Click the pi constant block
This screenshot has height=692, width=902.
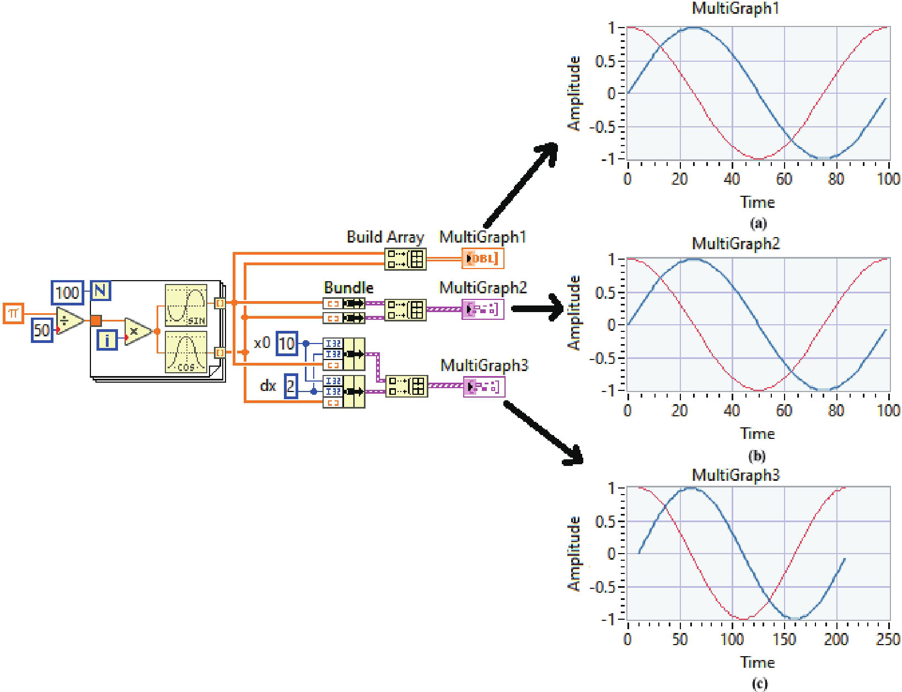(13, 314)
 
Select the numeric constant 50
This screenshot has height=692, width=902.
(42, 330)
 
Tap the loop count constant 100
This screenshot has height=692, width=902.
(67, 292)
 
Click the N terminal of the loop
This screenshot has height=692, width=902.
(100, 290)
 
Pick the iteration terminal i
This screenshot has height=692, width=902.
(107, 340)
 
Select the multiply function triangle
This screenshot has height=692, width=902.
(137, 331)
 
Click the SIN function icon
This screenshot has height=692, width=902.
(186, 305)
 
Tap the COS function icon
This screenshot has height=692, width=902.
(186, 352)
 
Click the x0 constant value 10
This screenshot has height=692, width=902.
(287, 344)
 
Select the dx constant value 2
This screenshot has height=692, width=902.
(291, 386)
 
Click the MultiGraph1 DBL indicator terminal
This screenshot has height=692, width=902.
(482, 259)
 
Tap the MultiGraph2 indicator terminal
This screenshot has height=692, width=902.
(483, 309)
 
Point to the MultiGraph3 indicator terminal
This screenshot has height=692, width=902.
(484, 387)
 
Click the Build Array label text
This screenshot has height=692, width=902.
(385, 237)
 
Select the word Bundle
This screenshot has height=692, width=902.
(348, 288)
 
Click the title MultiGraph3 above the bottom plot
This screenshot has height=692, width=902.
(735, 475)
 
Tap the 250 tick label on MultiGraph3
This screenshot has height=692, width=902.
(888, 640)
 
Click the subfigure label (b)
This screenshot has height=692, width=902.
(758, 456)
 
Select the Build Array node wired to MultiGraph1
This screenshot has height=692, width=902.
(405, 259)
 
